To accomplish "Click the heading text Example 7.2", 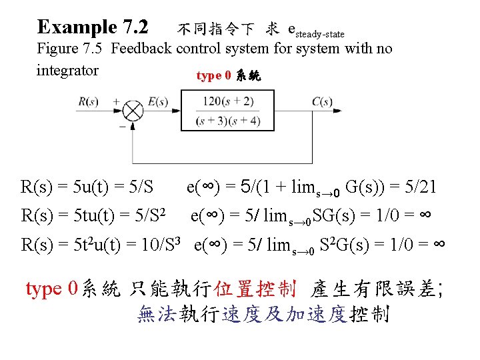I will click(x=93, y=27).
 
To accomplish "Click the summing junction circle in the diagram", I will click(x=131, y=111).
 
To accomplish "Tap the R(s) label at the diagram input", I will click(x=89, y=102).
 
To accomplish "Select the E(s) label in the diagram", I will click(x=158, y=102).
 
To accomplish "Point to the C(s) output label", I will click(x=323, y=102).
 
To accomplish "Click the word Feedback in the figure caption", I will click(x=143, y=49).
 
